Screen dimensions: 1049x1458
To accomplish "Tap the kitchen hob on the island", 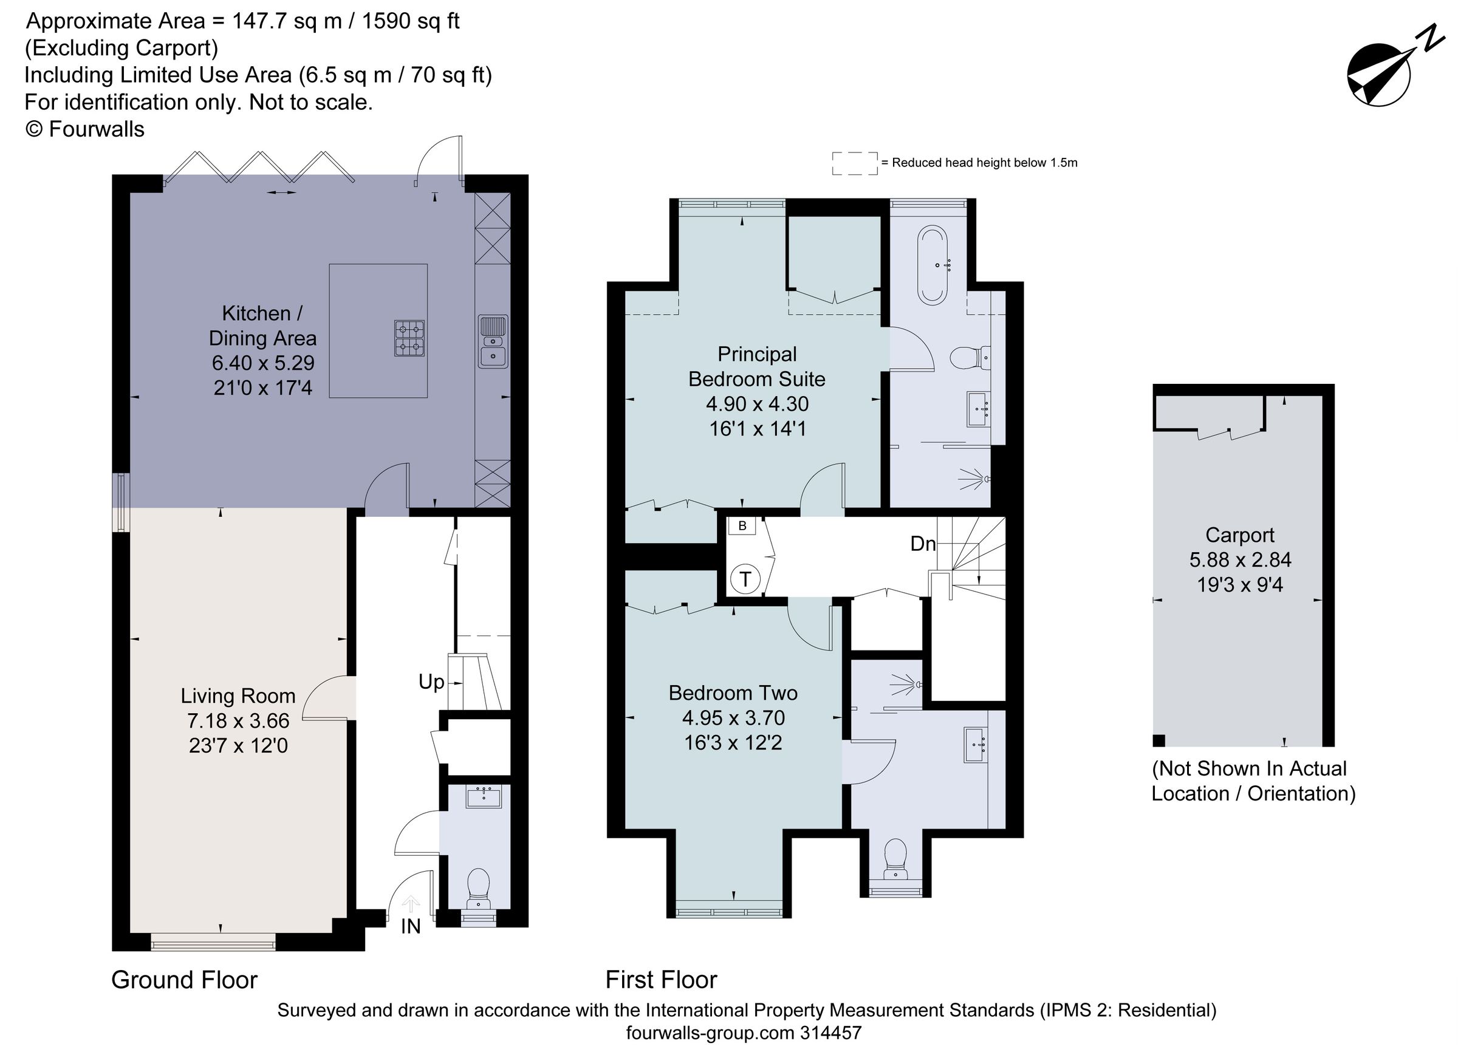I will click(409, 338).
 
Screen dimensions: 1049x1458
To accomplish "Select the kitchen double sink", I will click(493, 341).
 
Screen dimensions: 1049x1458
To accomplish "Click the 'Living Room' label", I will click(238, 695).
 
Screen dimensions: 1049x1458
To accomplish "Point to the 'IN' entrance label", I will click(410, 926).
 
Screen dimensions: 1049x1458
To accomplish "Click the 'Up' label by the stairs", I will click(431, 682).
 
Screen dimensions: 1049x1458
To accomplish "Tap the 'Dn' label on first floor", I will click(923, 544).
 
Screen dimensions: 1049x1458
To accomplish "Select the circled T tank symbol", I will click(745, 579).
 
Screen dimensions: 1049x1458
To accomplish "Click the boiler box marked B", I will click(742, 526).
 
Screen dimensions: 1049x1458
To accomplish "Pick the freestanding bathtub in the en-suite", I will click(932, 265).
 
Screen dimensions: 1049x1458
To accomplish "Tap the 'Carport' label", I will click(1239, 535).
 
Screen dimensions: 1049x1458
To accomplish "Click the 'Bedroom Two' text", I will click(733, 693).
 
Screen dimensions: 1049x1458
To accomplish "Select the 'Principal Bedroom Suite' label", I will click(757, 366).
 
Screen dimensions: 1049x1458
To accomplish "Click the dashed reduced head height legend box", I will click(854, 163).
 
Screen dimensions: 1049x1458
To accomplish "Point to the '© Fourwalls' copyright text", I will click(85, 129).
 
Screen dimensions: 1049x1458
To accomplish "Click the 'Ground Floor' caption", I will click(184, 980).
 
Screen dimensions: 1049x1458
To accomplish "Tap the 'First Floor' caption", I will click(661, 980).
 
